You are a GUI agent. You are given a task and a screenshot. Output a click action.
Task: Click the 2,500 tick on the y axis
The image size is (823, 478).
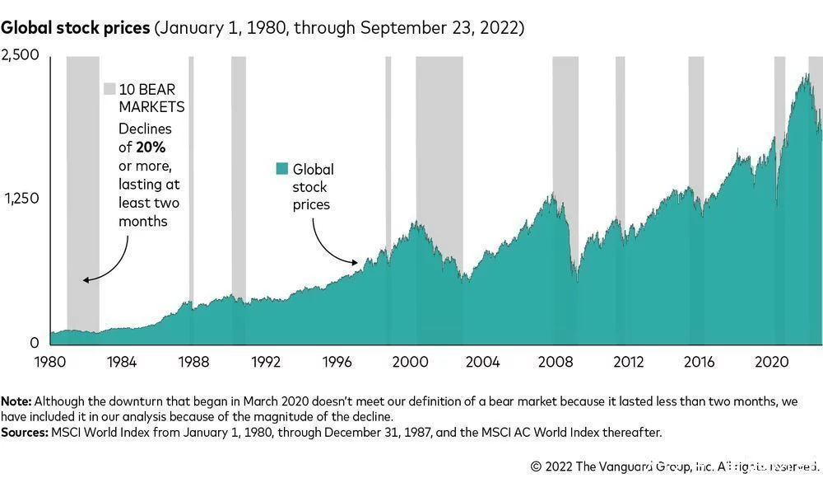(x=20, y=55)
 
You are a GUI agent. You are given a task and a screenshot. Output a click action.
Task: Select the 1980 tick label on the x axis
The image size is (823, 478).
(x=50, y=362)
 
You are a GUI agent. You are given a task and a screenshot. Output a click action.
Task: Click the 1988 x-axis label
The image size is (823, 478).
(x=193, y=362)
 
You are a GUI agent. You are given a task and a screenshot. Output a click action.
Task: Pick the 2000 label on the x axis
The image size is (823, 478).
(x=410, y=362)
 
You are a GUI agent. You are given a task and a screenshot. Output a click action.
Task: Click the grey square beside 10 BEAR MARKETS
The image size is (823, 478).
(x=109, y=89)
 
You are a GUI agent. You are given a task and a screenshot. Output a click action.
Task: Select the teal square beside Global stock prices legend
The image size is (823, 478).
(x=282, y=169)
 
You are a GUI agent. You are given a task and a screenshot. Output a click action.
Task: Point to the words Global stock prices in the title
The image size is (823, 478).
(x=75, y=28)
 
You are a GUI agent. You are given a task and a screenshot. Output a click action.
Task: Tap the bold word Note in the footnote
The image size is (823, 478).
(x=16, y=401)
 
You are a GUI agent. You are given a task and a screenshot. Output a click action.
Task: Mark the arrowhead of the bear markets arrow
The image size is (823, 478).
(x=86, y=281)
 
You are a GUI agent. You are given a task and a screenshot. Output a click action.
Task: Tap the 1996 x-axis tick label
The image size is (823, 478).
(x=337, y=362)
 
